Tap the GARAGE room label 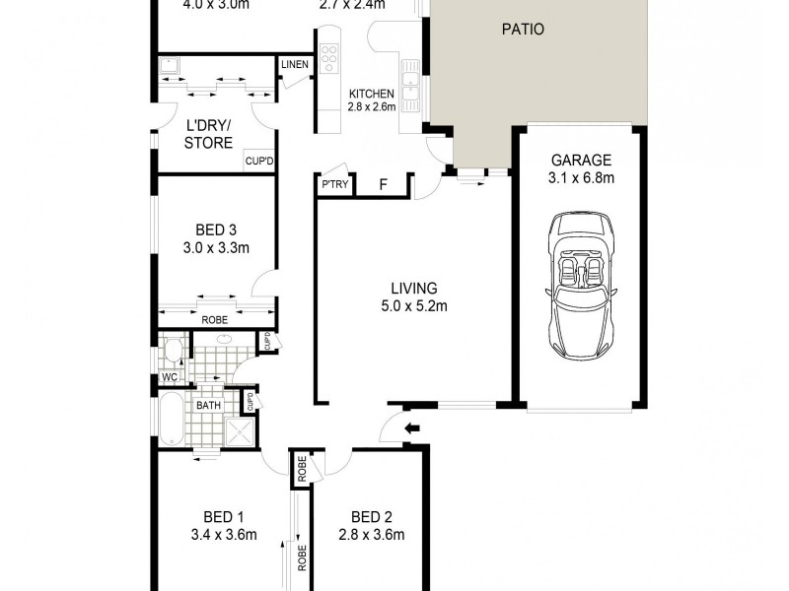[581, 161]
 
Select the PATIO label [523, 30]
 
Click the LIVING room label [413, 289]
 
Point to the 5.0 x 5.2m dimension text [413, 305]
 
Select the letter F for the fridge [384, 184]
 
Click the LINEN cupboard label [294, 66]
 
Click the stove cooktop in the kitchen [328, 58]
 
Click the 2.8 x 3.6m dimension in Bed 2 [371, 535]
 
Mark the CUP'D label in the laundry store [258, 161]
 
